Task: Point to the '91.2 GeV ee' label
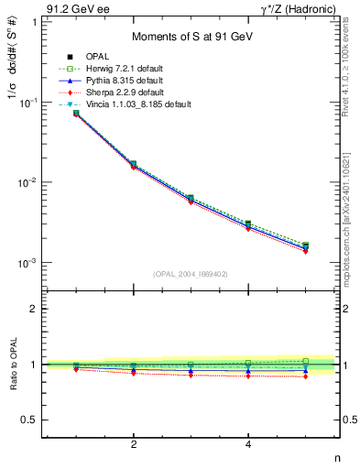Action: pos(78,9)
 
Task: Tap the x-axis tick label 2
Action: pos(134,445)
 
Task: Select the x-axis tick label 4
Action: pos(248,445)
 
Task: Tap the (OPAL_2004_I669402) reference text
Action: pos(191,273)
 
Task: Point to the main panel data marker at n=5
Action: pos(305,246)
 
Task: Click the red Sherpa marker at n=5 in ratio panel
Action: pos(305,376)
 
